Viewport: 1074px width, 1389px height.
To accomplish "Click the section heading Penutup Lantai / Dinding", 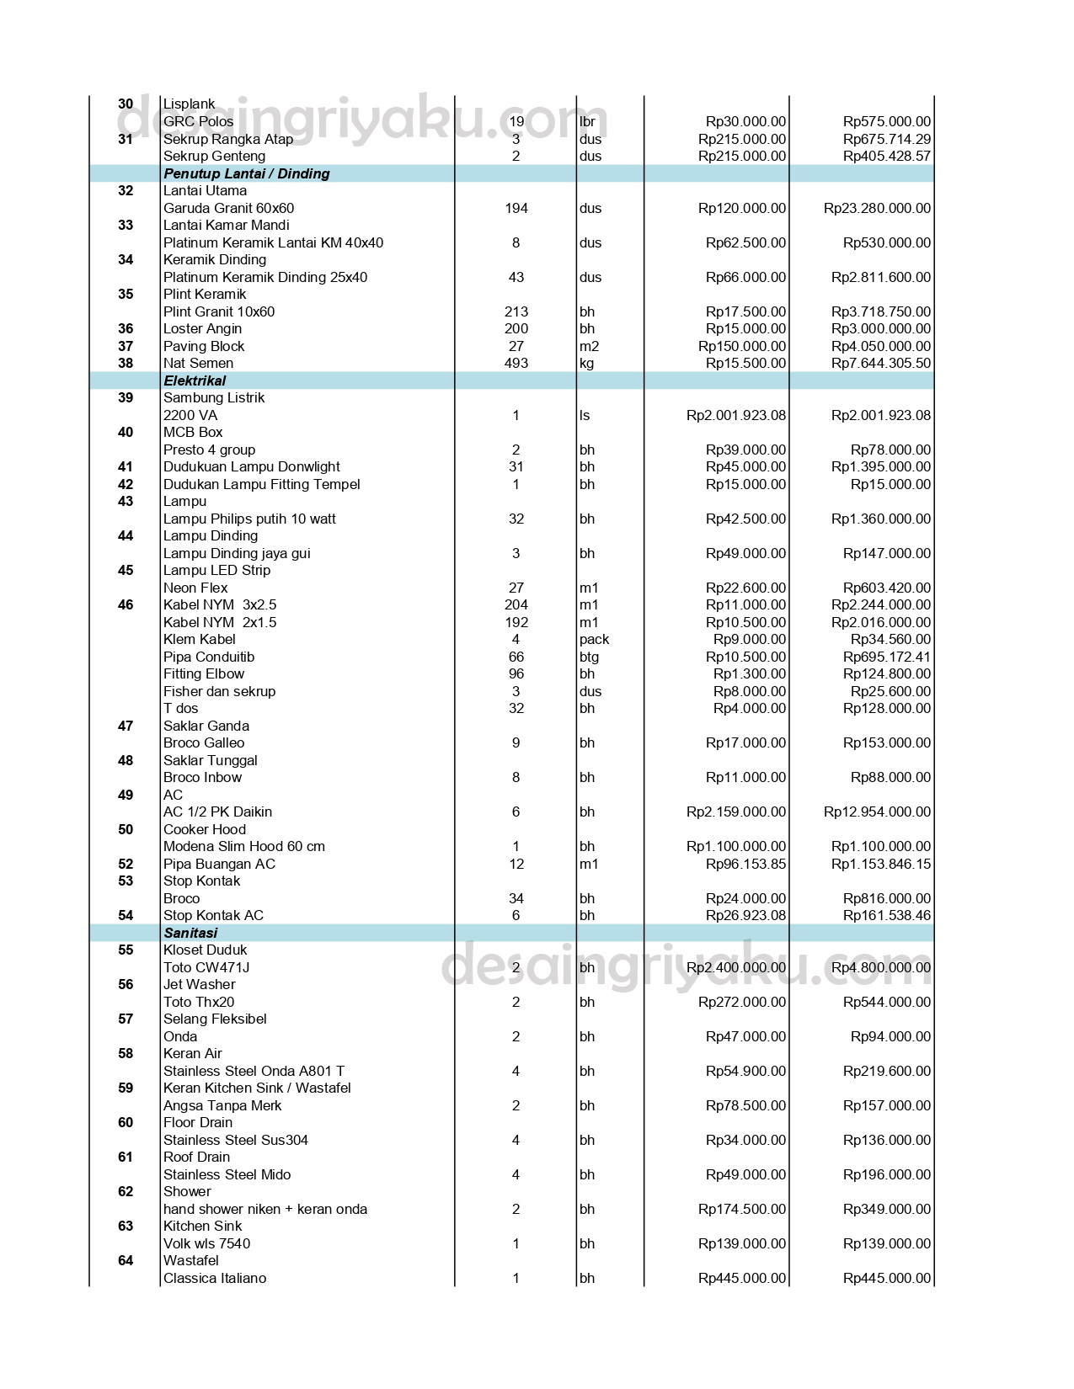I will click(246, 173).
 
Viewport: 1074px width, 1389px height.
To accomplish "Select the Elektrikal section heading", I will click(195, 381).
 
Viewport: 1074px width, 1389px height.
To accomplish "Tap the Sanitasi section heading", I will click(190, 933).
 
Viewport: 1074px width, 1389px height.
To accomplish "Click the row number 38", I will click(126, 363).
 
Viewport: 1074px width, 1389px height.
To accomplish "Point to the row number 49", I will click(126, 795).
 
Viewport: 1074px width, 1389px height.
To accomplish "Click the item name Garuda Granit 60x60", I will click(228, 208).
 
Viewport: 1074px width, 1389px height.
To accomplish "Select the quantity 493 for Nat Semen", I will click(516, 363).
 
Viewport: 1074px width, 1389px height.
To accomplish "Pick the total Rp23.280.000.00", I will click(877, 208).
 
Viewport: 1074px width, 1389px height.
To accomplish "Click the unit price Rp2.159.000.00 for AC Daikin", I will click(736, 812).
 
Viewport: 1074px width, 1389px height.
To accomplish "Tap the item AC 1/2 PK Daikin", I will click(217, 812).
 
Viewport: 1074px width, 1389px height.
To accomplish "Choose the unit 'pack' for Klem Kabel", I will click(594, 639).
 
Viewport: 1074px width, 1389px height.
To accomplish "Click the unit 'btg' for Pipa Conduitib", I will click(589, 657).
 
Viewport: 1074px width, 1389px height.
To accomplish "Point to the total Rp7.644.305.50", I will click(880, 363).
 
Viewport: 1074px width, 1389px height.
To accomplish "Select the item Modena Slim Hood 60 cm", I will click(243, 846).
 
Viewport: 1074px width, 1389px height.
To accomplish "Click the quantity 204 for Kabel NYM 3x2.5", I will click(516, 604).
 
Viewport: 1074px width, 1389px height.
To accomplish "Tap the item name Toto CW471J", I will click(206, 967).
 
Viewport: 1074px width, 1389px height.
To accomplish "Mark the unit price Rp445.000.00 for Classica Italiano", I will click(742, 1278).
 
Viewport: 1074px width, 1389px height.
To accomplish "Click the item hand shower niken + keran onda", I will click(265, 1209).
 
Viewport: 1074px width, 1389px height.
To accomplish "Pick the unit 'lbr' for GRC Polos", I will click(587, 121).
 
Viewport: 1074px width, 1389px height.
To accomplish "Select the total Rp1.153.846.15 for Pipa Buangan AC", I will click(880, 864).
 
